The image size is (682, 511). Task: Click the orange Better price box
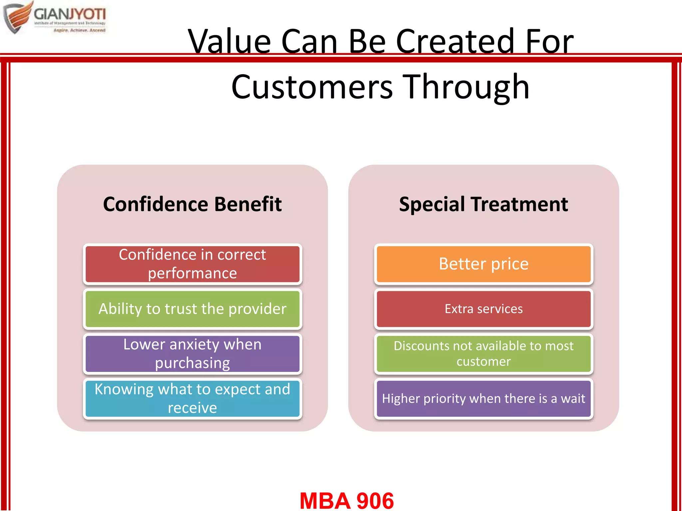coord(484,264)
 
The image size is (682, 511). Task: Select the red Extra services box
coord(484,309)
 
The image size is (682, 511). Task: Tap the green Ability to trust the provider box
coord(192,309)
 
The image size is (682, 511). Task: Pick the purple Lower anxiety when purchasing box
coord(192,354)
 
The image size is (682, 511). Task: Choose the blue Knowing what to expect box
coord(192,399)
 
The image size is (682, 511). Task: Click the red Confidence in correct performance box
coord(192,264)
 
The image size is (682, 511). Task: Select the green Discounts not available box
coord(484,354)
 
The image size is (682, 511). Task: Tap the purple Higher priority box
coord(484,399)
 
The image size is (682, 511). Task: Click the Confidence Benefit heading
coord(192,204)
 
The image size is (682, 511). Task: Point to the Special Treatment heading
coord(484,204)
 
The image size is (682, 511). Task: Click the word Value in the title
coord(229,42)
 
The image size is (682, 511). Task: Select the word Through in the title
coord(466,87)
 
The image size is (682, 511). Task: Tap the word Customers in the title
coord(312,87)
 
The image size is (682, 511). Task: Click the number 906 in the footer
coord(375,500)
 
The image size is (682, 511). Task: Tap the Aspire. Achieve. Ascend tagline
coord(79,30)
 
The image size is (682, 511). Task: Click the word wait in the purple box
coord(573,399)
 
